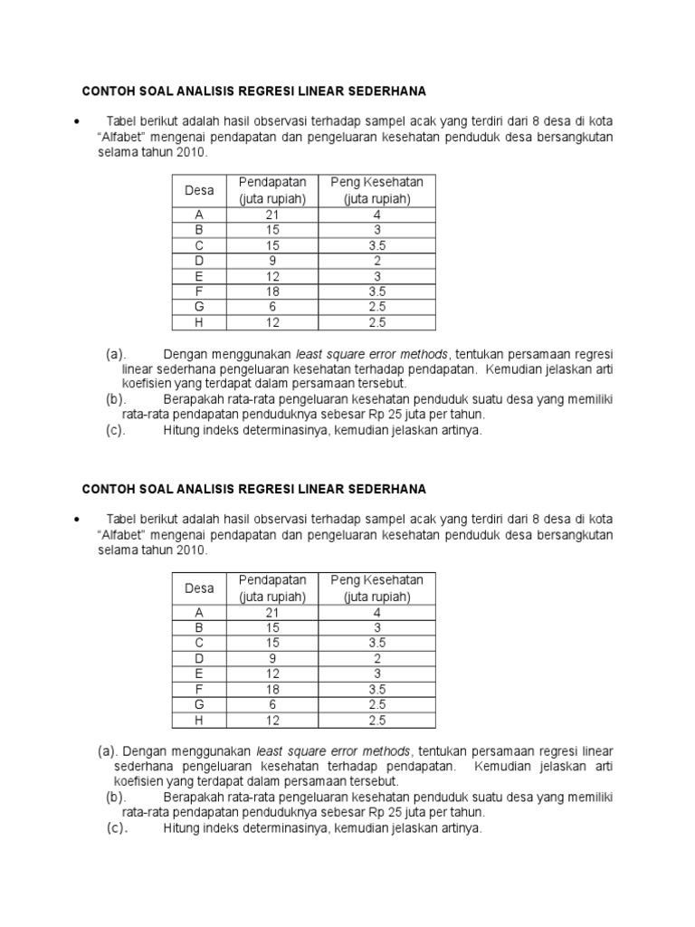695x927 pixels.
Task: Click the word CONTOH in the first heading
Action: [108, 91]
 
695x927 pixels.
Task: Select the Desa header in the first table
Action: [199, 191]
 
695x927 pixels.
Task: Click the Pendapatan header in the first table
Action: [272, 183]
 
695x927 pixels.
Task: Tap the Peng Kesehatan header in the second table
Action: [376, 579]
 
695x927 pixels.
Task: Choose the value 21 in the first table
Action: [272, 215]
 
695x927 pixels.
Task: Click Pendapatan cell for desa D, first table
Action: [272, 261]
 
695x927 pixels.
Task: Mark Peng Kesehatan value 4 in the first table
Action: [376, 215]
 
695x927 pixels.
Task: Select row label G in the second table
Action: [199, 704]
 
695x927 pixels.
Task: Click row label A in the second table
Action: [199, 612]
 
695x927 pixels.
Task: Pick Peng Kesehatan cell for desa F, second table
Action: [376, 689]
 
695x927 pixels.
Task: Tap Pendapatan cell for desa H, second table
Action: [272, 720]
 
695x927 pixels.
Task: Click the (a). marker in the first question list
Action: [116, 353]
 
